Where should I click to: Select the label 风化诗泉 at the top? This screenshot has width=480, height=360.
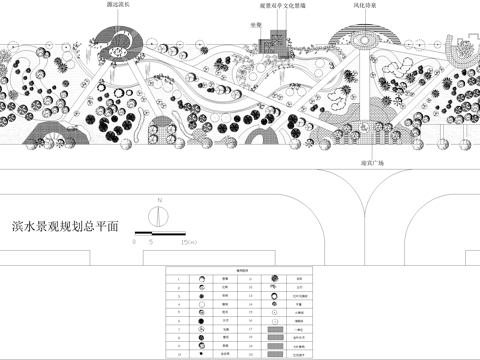[x=365, y=5]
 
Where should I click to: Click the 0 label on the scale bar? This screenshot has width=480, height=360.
[x=136, y=242]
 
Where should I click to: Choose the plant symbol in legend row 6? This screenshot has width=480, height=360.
[x=201, y=319]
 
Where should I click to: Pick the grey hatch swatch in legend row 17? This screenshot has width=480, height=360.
[x=277, y=328]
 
